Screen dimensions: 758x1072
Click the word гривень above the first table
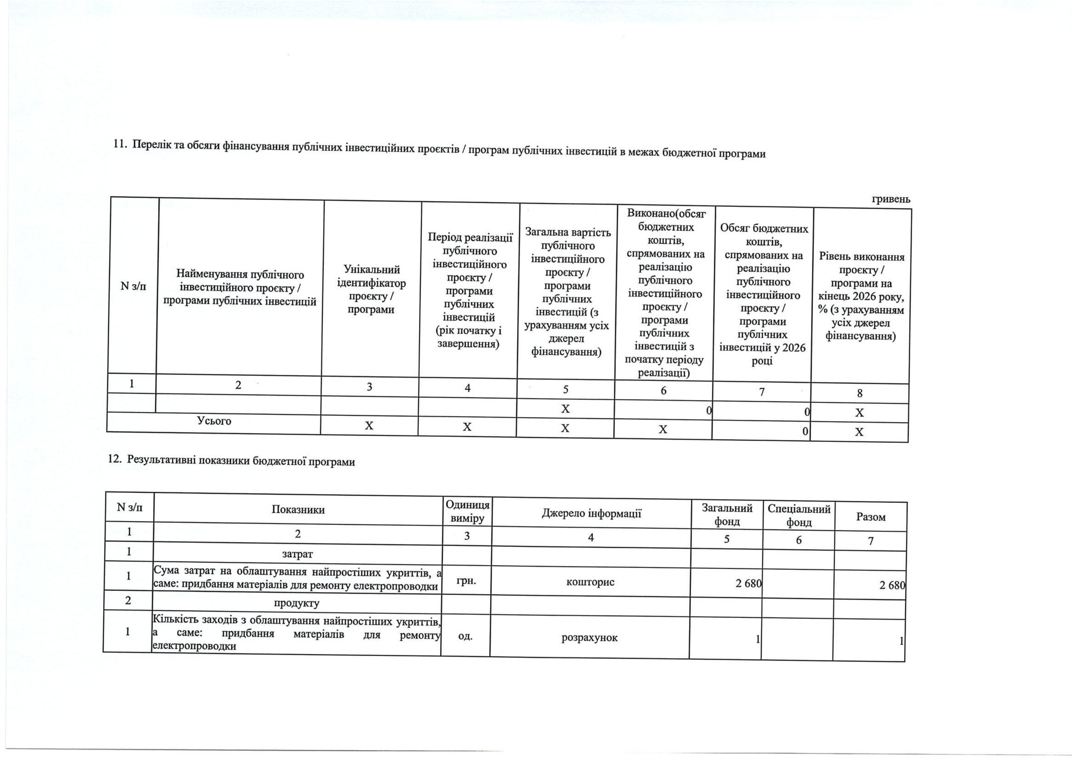(891, 199)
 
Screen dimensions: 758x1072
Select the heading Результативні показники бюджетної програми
(231, 462)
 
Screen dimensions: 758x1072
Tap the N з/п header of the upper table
(133, 286)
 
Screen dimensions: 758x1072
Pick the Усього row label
(214, 421)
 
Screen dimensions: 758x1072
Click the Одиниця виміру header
(467, 512)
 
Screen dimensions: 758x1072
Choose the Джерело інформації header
(591, 513)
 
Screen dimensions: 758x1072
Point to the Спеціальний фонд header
(799, 515)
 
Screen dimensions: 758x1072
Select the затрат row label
(297, 554)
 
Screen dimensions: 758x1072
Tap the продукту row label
(297, 602)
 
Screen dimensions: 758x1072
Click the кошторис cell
(590, 582)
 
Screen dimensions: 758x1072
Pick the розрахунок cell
(589, 638)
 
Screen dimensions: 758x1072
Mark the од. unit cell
(465, 636)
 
